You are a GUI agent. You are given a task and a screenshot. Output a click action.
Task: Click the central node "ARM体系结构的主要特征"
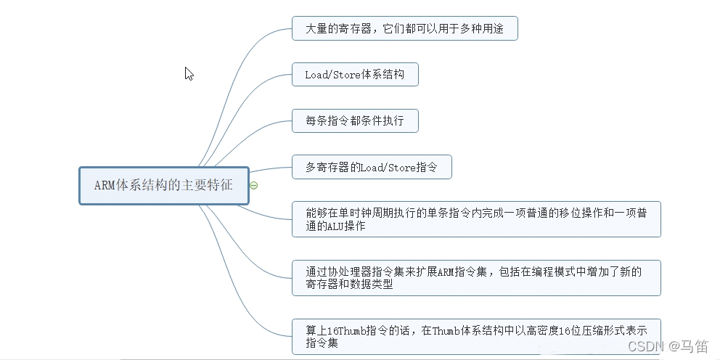point(163,185)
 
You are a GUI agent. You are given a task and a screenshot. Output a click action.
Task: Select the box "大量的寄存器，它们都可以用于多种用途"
point(404,29)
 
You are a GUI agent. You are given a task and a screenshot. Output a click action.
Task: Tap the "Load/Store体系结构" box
point(355,75)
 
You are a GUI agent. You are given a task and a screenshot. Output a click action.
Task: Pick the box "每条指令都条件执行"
point(355,120)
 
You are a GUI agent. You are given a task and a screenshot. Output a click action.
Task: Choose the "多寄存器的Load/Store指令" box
point(372,167)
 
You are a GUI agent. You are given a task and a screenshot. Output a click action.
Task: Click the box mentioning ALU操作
point(476,219)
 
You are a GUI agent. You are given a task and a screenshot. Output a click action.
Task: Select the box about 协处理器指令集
point(476,278)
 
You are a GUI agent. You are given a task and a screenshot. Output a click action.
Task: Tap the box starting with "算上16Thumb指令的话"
point(476,337)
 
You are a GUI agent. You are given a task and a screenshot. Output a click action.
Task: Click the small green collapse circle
point(254,185)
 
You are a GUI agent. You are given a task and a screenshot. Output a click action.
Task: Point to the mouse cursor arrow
point(188,73)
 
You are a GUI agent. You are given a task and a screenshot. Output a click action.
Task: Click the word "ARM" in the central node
point(104,185)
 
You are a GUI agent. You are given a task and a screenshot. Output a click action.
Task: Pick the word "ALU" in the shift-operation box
point(327,226)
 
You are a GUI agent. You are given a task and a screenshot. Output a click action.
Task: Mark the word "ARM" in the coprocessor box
point(446,271)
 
